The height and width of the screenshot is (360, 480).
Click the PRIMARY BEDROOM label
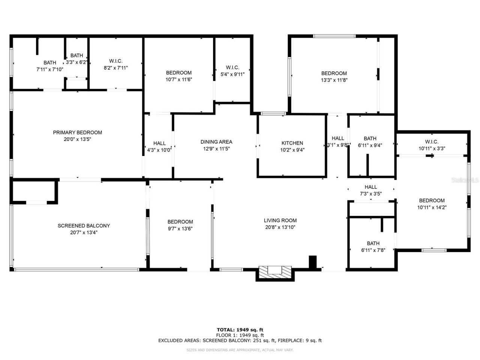pos(77,132)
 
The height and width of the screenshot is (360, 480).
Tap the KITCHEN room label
pos(292,143)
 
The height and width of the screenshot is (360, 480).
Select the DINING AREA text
pos(216,142)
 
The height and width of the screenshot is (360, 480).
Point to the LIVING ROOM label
pos(280,220)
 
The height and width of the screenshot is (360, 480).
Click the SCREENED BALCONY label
pos(84,226)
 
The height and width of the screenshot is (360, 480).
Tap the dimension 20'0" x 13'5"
pos(77,139)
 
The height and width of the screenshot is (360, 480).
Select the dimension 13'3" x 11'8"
pos(334,80)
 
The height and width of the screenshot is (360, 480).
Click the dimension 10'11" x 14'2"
pos(432,207)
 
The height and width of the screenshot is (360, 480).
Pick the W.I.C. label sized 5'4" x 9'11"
pos(232,67)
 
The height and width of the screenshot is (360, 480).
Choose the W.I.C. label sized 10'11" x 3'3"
pos(432,142)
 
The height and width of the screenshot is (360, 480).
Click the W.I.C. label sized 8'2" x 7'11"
pos(116,61)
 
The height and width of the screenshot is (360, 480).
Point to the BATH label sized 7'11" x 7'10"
pos(50,63)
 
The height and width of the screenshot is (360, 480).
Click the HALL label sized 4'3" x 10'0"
pos(159,143)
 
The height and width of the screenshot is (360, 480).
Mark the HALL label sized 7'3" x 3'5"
pos(370,187)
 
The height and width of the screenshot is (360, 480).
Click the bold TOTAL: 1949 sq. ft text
pos(240,330)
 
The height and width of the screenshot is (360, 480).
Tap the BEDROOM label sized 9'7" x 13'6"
pos(180,222)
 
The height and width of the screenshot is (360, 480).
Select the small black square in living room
pos(312,262)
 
